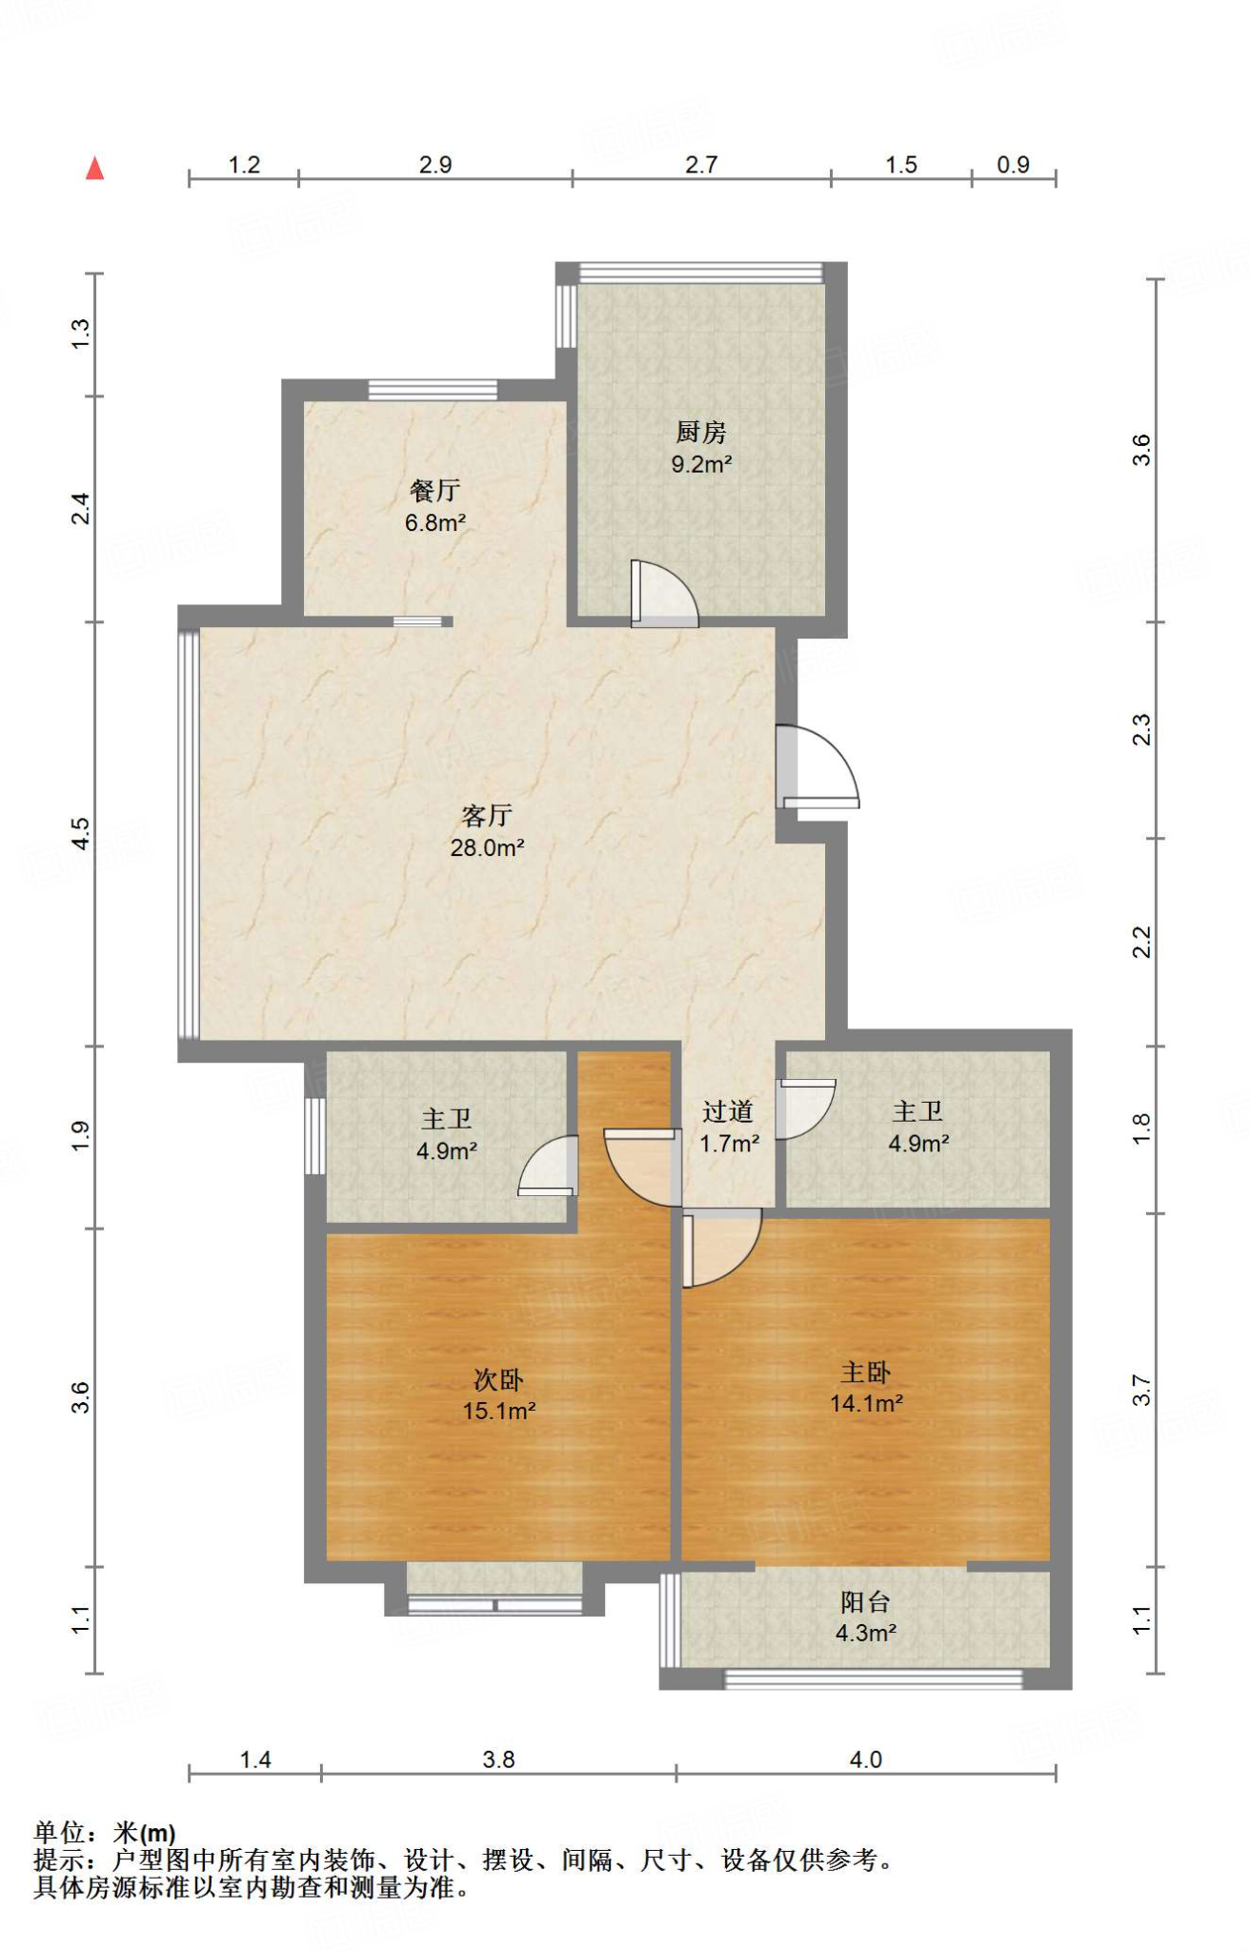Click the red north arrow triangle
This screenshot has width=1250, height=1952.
click(x=94, y=169)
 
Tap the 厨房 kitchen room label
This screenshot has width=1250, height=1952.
click(x=701, y=433)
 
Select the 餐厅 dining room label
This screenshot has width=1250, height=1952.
click(x=435, y=491)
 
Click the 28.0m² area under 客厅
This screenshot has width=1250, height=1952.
click(x=488, y=847)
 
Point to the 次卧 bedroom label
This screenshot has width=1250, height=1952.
click(x=499, y=1379)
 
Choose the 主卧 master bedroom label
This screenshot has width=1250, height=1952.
click(x=866, y=1372)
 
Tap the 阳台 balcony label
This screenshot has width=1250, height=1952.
click(x=866, y=1602)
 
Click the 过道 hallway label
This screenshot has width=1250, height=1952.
click(x=729, y=1111)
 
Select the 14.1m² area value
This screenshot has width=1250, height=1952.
click(x=866, y=1403)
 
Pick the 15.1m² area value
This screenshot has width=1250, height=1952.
click(x=499, y=1411)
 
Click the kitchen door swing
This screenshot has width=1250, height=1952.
click(x=664, y=594)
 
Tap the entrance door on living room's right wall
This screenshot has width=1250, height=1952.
click(x=817, y=768)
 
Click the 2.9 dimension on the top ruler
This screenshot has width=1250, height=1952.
click(x=435, y=165)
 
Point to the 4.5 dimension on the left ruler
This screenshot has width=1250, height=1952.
click(x=82, y=834)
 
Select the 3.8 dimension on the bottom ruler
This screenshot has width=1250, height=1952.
click(x=498, y=1759)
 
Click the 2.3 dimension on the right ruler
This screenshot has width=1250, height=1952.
click(x=1141, y=730)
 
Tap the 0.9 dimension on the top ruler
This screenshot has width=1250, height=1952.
click(x=1014, y=165)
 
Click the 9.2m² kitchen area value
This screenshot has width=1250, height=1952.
click(x=701, y=464)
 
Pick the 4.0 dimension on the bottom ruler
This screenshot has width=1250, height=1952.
click(x=866, y=1759)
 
